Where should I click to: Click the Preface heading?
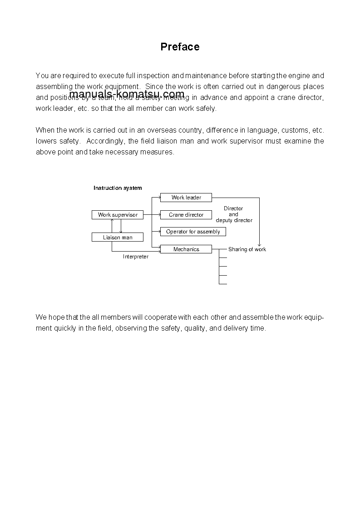point(180,47)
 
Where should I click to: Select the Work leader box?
point(186,198)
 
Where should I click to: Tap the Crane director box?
point(186,215)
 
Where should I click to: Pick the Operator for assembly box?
point(193,232)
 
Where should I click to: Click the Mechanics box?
point(186,249)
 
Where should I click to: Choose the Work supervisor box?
point(118,215)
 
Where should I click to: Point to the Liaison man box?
point(118,237)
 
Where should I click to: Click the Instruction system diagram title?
point(118,188)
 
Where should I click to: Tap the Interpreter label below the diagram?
point(136,257)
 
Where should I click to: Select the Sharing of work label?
point(247,249)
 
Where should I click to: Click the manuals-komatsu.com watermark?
point(127,94)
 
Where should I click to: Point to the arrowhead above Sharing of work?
point(259,244)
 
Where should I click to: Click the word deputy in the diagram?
point(224,220)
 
